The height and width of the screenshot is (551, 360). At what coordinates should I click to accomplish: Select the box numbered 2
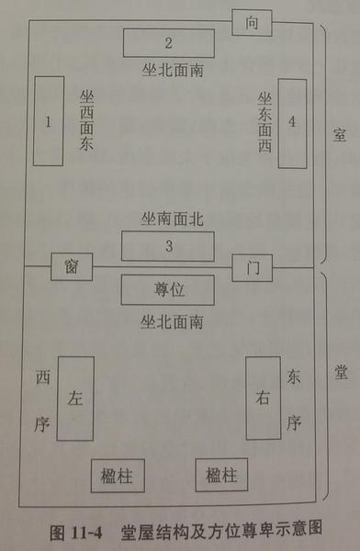pos(169,43)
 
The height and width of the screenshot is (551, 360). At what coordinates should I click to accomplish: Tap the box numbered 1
pos(48,121)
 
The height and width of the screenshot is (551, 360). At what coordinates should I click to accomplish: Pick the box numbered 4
pos(291,121)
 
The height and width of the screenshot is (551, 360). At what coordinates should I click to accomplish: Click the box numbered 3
pos(169,246)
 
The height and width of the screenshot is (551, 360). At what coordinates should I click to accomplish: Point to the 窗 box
pos(71,266)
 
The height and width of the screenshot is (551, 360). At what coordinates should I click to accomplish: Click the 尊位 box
pos(168,290)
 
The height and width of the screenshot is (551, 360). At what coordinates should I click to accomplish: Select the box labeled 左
pos(75,397)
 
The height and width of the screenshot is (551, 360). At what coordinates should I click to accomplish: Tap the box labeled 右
pos(263,397)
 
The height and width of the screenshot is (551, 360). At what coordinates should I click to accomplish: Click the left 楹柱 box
pos(116,476)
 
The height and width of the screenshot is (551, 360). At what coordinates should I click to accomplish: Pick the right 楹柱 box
pos(221,476)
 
